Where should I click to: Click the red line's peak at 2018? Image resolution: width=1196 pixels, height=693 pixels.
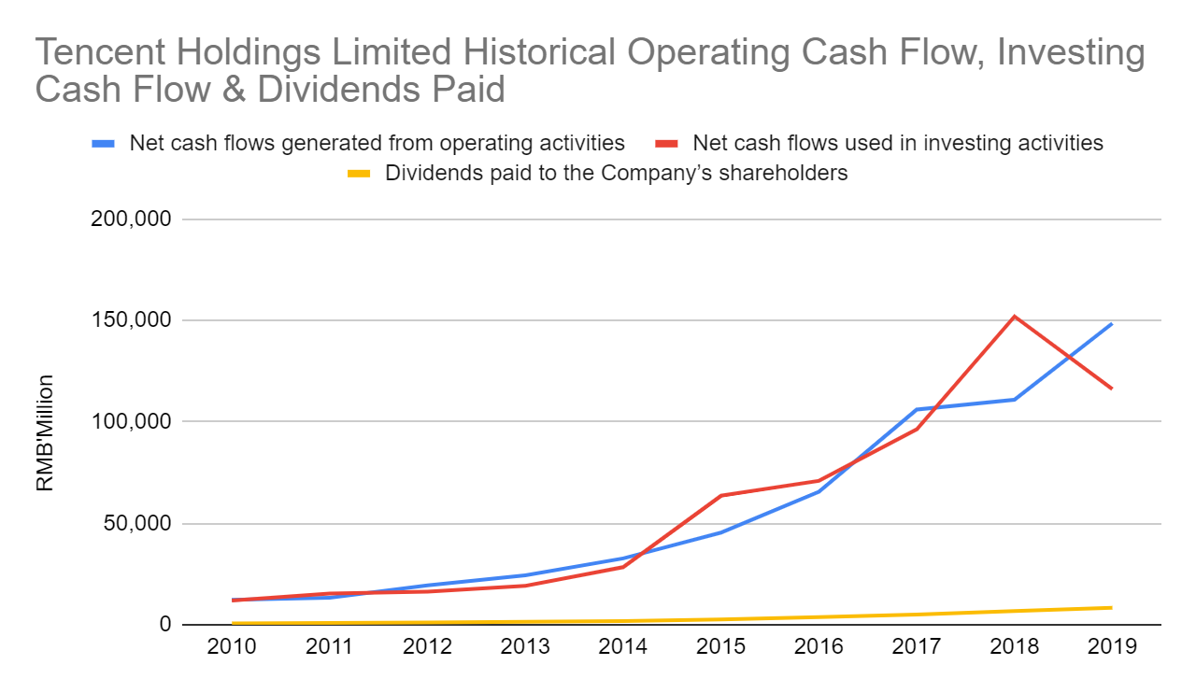coord(1014,317)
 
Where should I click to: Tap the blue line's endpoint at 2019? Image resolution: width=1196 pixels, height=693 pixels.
coord(1112,324)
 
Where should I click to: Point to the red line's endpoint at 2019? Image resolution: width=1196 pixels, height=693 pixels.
coord(1112,389)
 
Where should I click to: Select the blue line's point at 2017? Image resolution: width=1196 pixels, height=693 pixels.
coord(916,409)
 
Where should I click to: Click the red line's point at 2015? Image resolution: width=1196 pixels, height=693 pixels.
coord(721,495)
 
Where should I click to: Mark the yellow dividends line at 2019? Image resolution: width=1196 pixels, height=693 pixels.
coord(1112,608)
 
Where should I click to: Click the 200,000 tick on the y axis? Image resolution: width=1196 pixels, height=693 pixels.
coord(136,219)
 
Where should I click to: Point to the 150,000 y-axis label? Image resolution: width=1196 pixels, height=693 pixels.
coord(136,320)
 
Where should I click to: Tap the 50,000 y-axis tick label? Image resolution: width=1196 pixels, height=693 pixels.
coord(141,523)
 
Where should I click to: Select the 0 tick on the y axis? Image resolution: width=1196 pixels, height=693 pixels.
coord(164,624)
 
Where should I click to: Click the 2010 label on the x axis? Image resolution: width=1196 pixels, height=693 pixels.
coord(232,647)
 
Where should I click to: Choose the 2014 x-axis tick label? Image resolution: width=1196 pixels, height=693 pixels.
coord(623,647)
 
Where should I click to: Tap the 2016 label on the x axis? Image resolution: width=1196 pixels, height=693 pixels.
coord(819,647)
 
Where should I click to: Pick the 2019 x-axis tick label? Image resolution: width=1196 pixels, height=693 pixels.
coord(1112,647)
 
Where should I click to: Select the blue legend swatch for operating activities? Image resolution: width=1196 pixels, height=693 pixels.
coord(104,144)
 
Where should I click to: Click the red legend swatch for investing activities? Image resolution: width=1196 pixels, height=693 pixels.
coord(666,144)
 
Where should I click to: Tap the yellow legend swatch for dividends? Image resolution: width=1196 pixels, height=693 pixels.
coord(359,173)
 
